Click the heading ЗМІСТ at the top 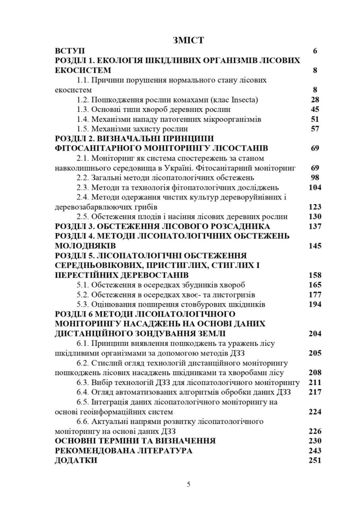point(188,40)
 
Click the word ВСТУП point(70,51)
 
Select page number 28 point(314,100)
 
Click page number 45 point(314,110)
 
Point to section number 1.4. point(83,119)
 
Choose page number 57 point(314,129)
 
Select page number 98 point(314,178)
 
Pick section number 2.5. point(83,217)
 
